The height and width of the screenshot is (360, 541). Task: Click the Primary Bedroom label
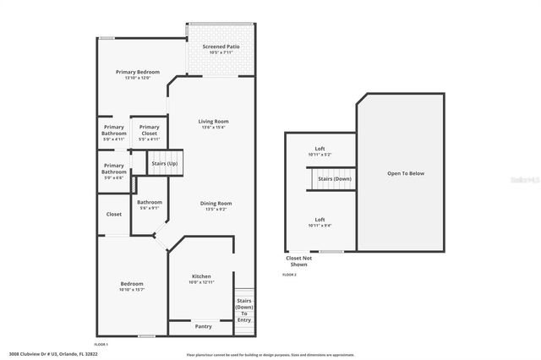point(138,72)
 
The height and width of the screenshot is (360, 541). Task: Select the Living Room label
point(214,122)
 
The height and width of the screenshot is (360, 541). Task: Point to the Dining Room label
point(216,203)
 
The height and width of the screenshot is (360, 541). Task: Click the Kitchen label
point(201,276)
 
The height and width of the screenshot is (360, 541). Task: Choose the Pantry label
point(203,326)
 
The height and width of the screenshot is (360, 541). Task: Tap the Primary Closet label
point(150,130)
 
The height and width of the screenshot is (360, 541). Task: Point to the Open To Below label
point(406,173)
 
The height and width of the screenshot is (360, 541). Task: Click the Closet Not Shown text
point(299,261)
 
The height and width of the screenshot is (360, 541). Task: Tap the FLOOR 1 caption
point(101,344)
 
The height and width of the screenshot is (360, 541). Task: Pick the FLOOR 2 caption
point(289,275)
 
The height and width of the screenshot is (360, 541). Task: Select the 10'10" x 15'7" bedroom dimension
point(131,290)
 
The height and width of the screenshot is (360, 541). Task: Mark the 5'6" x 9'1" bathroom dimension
point(150,208)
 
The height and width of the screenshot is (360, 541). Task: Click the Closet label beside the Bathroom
point(114,214)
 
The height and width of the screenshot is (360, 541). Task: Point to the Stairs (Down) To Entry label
point(244,310)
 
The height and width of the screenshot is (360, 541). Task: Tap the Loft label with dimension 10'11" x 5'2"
point(320,149)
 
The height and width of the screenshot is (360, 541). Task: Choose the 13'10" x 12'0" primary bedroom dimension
point(138,79)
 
